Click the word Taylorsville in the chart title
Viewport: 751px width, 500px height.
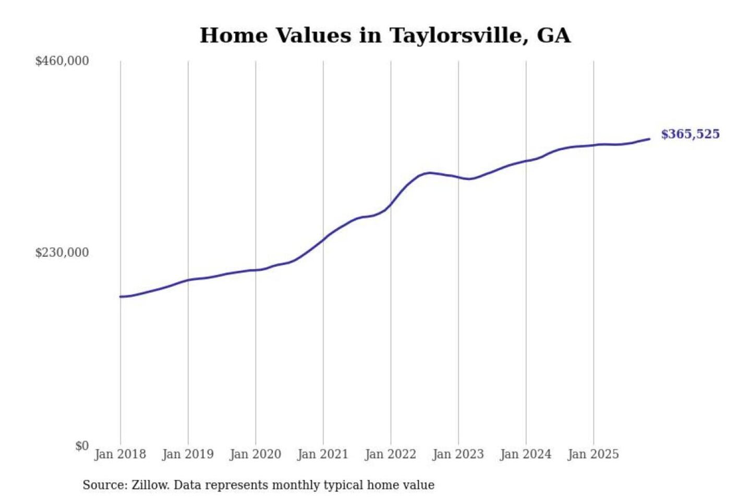pyautogui.click(x=455, y=36)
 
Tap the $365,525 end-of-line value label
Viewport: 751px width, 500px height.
pyautogui.click(x=690, y=134)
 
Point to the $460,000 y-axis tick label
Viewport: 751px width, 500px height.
pyautogui.click(x=62, y=61)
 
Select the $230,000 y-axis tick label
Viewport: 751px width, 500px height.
pyautogui.click(x=62, y=253)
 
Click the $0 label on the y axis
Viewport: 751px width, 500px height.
pyautogui.click(x=82, y=446)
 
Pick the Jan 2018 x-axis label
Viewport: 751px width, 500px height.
pyautogui.click(x=120, y=454)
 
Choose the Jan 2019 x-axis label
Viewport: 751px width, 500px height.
pyautogui.click(x=188, y=454)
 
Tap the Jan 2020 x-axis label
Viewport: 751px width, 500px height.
pyautogui.click(x=255, y=454)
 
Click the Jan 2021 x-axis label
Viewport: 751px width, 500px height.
pyautogui.click(x=323, y=454)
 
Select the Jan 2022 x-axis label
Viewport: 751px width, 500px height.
pyautogui.click(x=391, y=454)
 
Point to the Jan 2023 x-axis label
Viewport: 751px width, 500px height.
pyautogui.click(x=458, y=454)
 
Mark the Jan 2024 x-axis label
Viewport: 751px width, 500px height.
pyautogui.click(x=526, y=454)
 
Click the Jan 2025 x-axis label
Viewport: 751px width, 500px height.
pyautogui.click(x=593, y=454)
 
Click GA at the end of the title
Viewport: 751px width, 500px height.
pyautogui.click(x=554, y=36)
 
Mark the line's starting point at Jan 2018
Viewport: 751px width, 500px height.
pyautogui.click(x=120, y=297)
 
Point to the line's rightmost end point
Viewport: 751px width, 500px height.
pyautogui.click(x=649, y=139)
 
